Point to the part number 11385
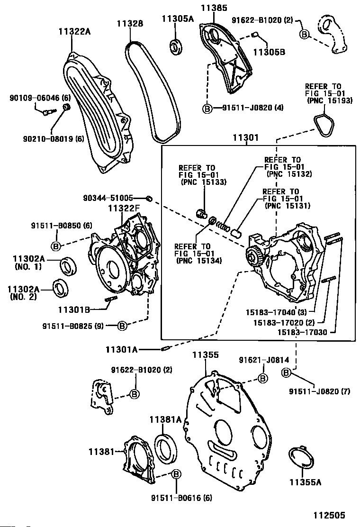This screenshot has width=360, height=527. click(214, 8)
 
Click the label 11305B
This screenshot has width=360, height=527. click(268, 52)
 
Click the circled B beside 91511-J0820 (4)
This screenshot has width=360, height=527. click(207, 109)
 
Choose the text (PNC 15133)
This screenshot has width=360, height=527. click(203, 182)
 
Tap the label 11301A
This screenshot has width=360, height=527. click(121, 350)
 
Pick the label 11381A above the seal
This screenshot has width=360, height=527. click(166, 419)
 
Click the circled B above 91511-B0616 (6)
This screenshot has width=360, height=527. click(176, 474)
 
